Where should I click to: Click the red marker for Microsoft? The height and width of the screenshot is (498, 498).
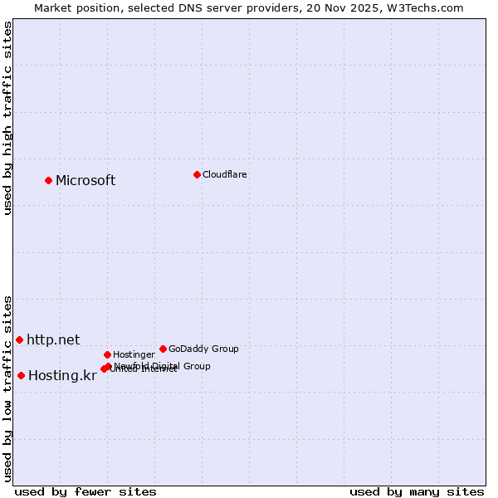tap(48, 180)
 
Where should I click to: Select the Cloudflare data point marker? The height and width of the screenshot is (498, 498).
tap(197, 174)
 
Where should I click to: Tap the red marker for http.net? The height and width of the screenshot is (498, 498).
tap(19, 339)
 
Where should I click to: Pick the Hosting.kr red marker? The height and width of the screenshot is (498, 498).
tap(21, 375)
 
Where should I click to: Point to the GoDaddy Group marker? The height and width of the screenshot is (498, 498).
tap(163, 349)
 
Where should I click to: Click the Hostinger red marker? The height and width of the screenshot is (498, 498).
tap(107, 354)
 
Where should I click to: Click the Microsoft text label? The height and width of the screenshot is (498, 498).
tap(85, 181)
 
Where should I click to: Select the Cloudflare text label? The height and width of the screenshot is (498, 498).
tap(225, 174)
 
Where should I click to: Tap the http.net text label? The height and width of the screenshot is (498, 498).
tap(53, 339)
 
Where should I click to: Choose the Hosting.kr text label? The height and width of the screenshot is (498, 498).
tap(62, 376)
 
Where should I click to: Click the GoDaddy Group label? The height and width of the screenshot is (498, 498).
tap(203, 349)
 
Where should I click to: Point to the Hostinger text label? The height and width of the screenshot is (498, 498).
tap(134, 354)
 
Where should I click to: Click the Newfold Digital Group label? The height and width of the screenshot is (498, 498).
tap(163, 365)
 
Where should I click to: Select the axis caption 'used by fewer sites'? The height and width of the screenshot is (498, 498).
tap(85, 491)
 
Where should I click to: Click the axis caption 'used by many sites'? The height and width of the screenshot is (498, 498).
tap(417, 491)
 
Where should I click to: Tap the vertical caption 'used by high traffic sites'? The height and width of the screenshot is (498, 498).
tap(8, 118)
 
